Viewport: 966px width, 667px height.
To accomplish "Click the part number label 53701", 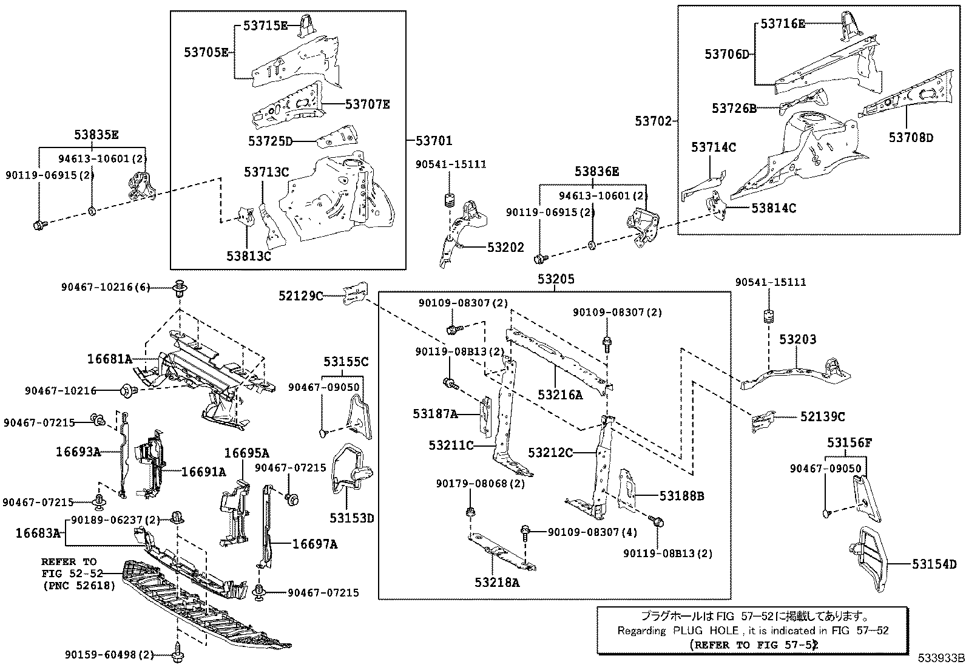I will [434, 141].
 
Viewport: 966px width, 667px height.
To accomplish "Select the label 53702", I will [654, 121].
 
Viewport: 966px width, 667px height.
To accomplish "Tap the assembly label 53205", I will [555, 279].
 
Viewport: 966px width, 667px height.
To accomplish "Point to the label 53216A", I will [559, 395].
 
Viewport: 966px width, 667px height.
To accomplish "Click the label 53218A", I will [497, 583].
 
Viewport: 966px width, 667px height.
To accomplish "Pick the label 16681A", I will [109, 359].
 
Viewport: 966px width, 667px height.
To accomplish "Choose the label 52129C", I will [301, 296].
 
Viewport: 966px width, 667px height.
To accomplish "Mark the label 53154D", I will [934, 564].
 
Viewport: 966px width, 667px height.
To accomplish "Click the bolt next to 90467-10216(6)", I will [180, 287].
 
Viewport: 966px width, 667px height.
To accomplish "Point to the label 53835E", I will [96, 135].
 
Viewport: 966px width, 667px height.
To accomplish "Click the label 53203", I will [797, 339].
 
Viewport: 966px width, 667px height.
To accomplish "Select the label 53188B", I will [682, 496].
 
